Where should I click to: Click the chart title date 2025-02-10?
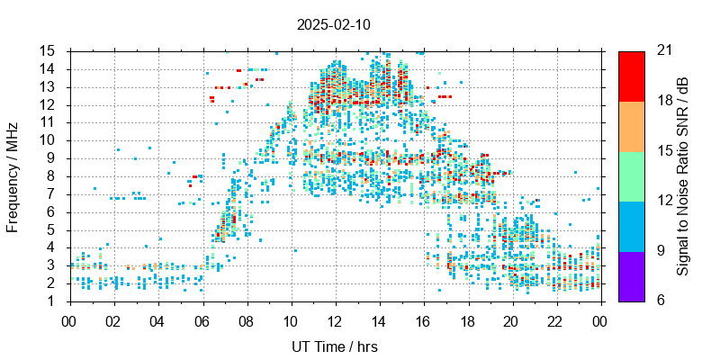(333, 24)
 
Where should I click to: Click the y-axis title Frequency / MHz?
(13, 175)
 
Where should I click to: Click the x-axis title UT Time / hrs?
(335, 346)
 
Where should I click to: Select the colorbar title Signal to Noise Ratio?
(683, 175)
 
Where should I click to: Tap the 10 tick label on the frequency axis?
(50, 140)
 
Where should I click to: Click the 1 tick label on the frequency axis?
(54, 301)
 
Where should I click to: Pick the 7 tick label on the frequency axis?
(54, 193)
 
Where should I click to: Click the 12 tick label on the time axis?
(335, 319)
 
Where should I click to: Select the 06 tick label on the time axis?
(202, 319)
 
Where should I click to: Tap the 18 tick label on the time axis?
(468, 319)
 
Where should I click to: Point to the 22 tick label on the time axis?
(556, 319)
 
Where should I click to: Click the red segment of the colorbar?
(631, 76)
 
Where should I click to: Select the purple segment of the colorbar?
(631, 275)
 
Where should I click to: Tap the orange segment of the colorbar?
(631, 126)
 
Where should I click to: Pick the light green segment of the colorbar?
(631, 175)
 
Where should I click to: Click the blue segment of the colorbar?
(631, 226)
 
